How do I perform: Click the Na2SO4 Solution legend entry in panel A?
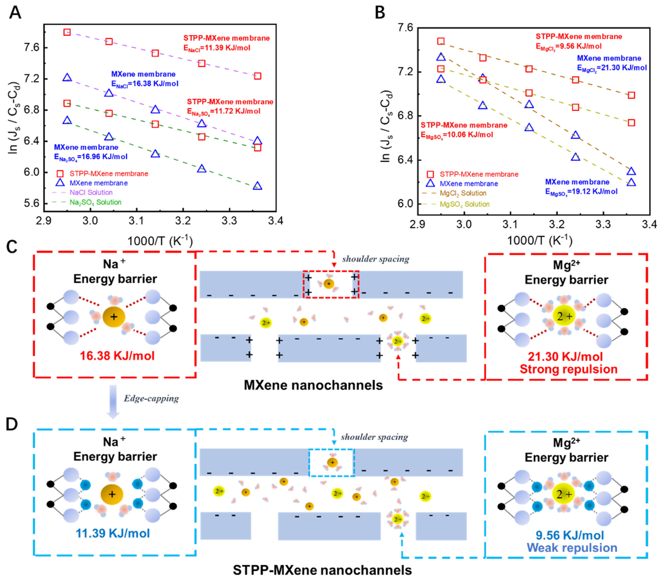click(x=95, y=202)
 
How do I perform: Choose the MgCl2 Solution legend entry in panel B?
click(x=463, y=193)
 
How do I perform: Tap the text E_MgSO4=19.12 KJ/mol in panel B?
click(x=581, y=192)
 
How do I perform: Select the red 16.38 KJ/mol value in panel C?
click(x=117, y=356)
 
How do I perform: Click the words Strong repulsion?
click(x=568, y=369)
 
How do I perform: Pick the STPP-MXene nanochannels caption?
click(x=322, y=570)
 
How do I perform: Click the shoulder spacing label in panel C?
click(x=375, y=259)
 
